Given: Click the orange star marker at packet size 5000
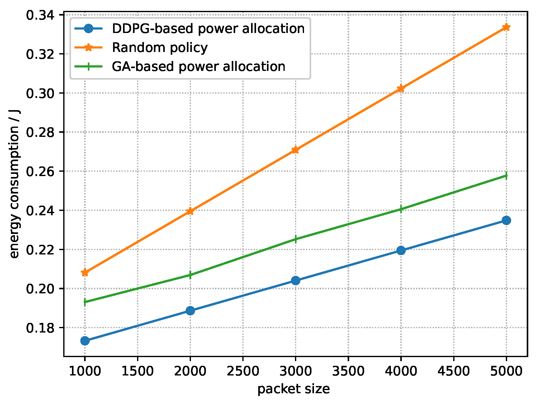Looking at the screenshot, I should pos(506,27).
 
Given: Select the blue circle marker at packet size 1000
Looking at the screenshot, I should pos(85,341).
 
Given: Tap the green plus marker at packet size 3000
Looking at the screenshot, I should pos(296,239).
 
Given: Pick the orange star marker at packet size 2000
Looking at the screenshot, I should pos(190,211).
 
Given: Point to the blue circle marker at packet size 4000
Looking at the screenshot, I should pos(401,250).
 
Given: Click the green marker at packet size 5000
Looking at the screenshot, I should pos(506,176).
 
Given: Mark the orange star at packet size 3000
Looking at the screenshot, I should pos(296,150).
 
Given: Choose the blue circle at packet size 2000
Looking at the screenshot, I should pos(190,310).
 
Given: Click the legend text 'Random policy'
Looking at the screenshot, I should pos(159,48).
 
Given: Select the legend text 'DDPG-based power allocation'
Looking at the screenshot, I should pos(208,29).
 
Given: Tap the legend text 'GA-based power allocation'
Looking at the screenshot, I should pos(198,67).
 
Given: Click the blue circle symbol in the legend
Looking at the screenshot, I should pos(88,29).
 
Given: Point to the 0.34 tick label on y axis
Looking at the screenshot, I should pos(40,15).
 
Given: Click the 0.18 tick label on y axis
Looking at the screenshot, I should pos(40,328).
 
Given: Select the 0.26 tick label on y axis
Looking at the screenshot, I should pos(40,171).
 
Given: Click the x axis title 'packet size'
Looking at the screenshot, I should pos(293,389).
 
